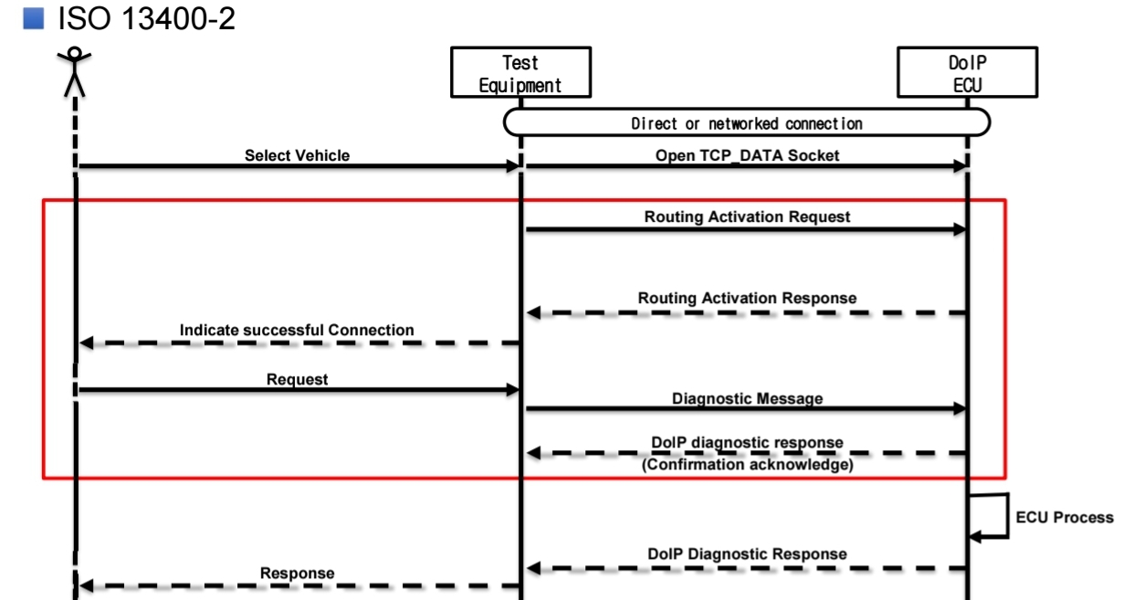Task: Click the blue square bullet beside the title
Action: pyautogui.click(x=34, y=18)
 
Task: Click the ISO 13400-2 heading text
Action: pyautogui.click(x=146, y=18)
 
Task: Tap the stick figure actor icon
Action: pyautogui.click(x=74, y=72)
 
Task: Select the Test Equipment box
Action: pyautogui.click(x=521, y=72)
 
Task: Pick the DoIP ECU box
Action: pyautogui.click(x=967, y=72)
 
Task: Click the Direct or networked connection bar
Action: pyautogui.click(x=747, y=122)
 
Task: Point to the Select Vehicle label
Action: pyautogui.click(x=297, y=155)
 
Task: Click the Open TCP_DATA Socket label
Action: pyautogui.click(x=747, y=155)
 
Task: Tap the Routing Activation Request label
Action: pyautogui.click(x=747, y=216)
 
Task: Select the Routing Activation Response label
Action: pyautogui.click(x=747, y=298)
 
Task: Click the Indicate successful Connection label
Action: pyautogui.click(x=297, y=330)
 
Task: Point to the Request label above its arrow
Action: pyautogui.click(x=297, y=379)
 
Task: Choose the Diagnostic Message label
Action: pyautogui.click(x=747, y=398)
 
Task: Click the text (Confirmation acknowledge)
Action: pyautogui.click(x=747, y=465)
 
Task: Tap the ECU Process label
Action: pyautogui.click(x=1065, y=517)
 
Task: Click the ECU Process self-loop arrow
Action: pyautogui.click(x=1008, y=516)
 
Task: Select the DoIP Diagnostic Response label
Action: pyautogui.click(x=747, y=553)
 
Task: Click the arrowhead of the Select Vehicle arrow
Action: pyautogui.click(x=513, y=166)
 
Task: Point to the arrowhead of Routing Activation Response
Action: pyautogui.click(x=533, y=312)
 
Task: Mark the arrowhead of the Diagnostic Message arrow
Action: pyautogui.click(x=959, y=409)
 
